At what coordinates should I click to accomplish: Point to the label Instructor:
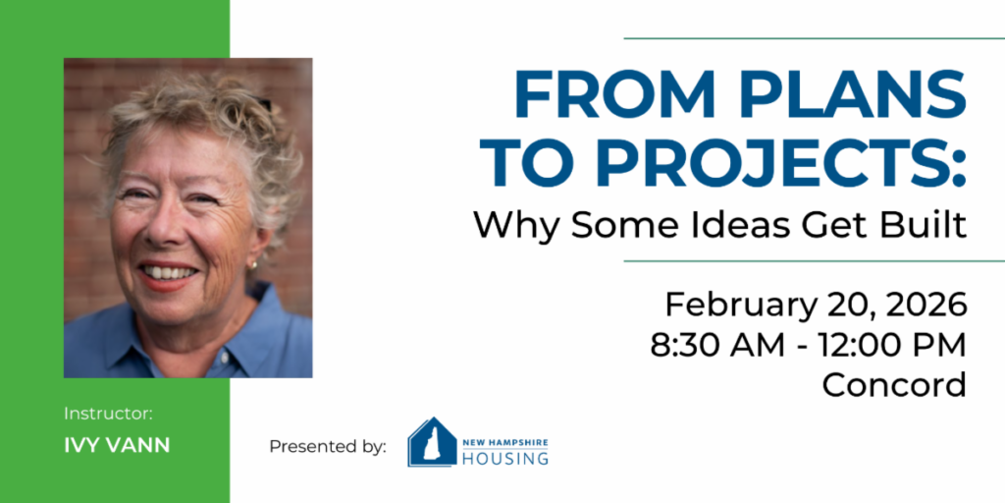(x=108, y=414)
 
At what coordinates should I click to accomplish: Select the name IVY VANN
(x=118, y=446)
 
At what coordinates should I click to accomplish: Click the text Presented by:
(x=328, y=446)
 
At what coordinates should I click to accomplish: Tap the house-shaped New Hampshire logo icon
(x=432, y=442)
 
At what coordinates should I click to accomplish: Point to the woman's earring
(x=254, y=264)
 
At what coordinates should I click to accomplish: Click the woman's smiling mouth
(x=170, y=274)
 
